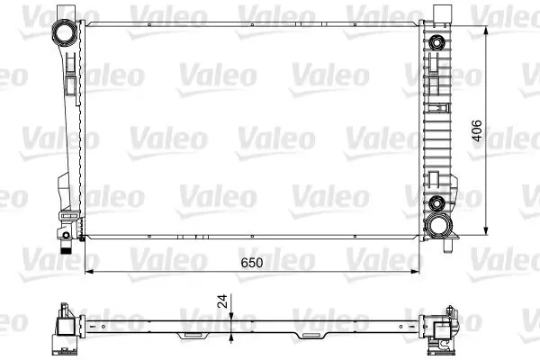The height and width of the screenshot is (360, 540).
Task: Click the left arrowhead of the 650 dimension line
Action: [x=88, y=272]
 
